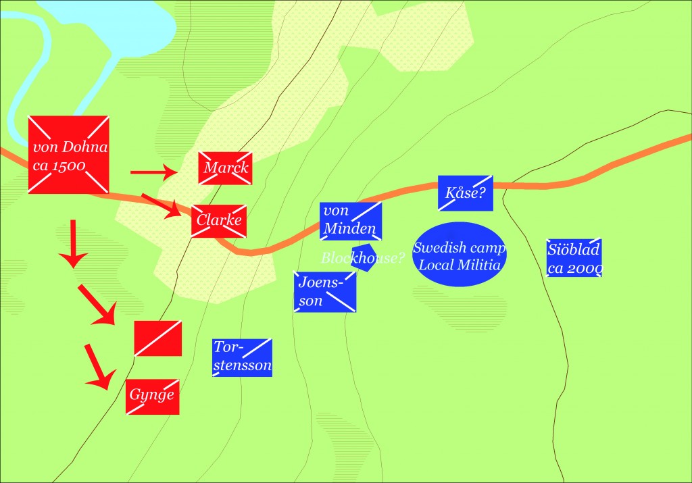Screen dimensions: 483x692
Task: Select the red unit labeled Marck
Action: (x=226, y=168)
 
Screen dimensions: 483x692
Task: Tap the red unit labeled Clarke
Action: (x=218, y=221)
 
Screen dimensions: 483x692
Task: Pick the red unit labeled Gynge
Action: (x=152, y=397)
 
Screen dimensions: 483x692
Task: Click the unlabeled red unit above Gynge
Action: (x=157, y=338)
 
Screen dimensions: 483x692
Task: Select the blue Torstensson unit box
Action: (x=242, y=357)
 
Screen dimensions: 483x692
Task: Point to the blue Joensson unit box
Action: (x=325, y=291)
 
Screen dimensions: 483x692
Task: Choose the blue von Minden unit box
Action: (x=351, y=220)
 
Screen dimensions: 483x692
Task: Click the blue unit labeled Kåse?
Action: (x=465, y=193)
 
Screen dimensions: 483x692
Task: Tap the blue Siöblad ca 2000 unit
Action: (x=574, y=257)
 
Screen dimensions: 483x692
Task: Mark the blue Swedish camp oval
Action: (x=460, y=255)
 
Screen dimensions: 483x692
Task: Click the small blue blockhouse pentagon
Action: (x=364, y=261)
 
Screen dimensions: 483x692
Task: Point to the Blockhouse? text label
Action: (x=362, y=257)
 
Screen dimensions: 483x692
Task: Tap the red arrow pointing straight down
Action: (x=72, y=243)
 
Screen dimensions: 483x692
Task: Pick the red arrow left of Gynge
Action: (x=98, y=367)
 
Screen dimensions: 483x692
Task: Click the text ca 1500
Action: (x=61, y=166)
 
